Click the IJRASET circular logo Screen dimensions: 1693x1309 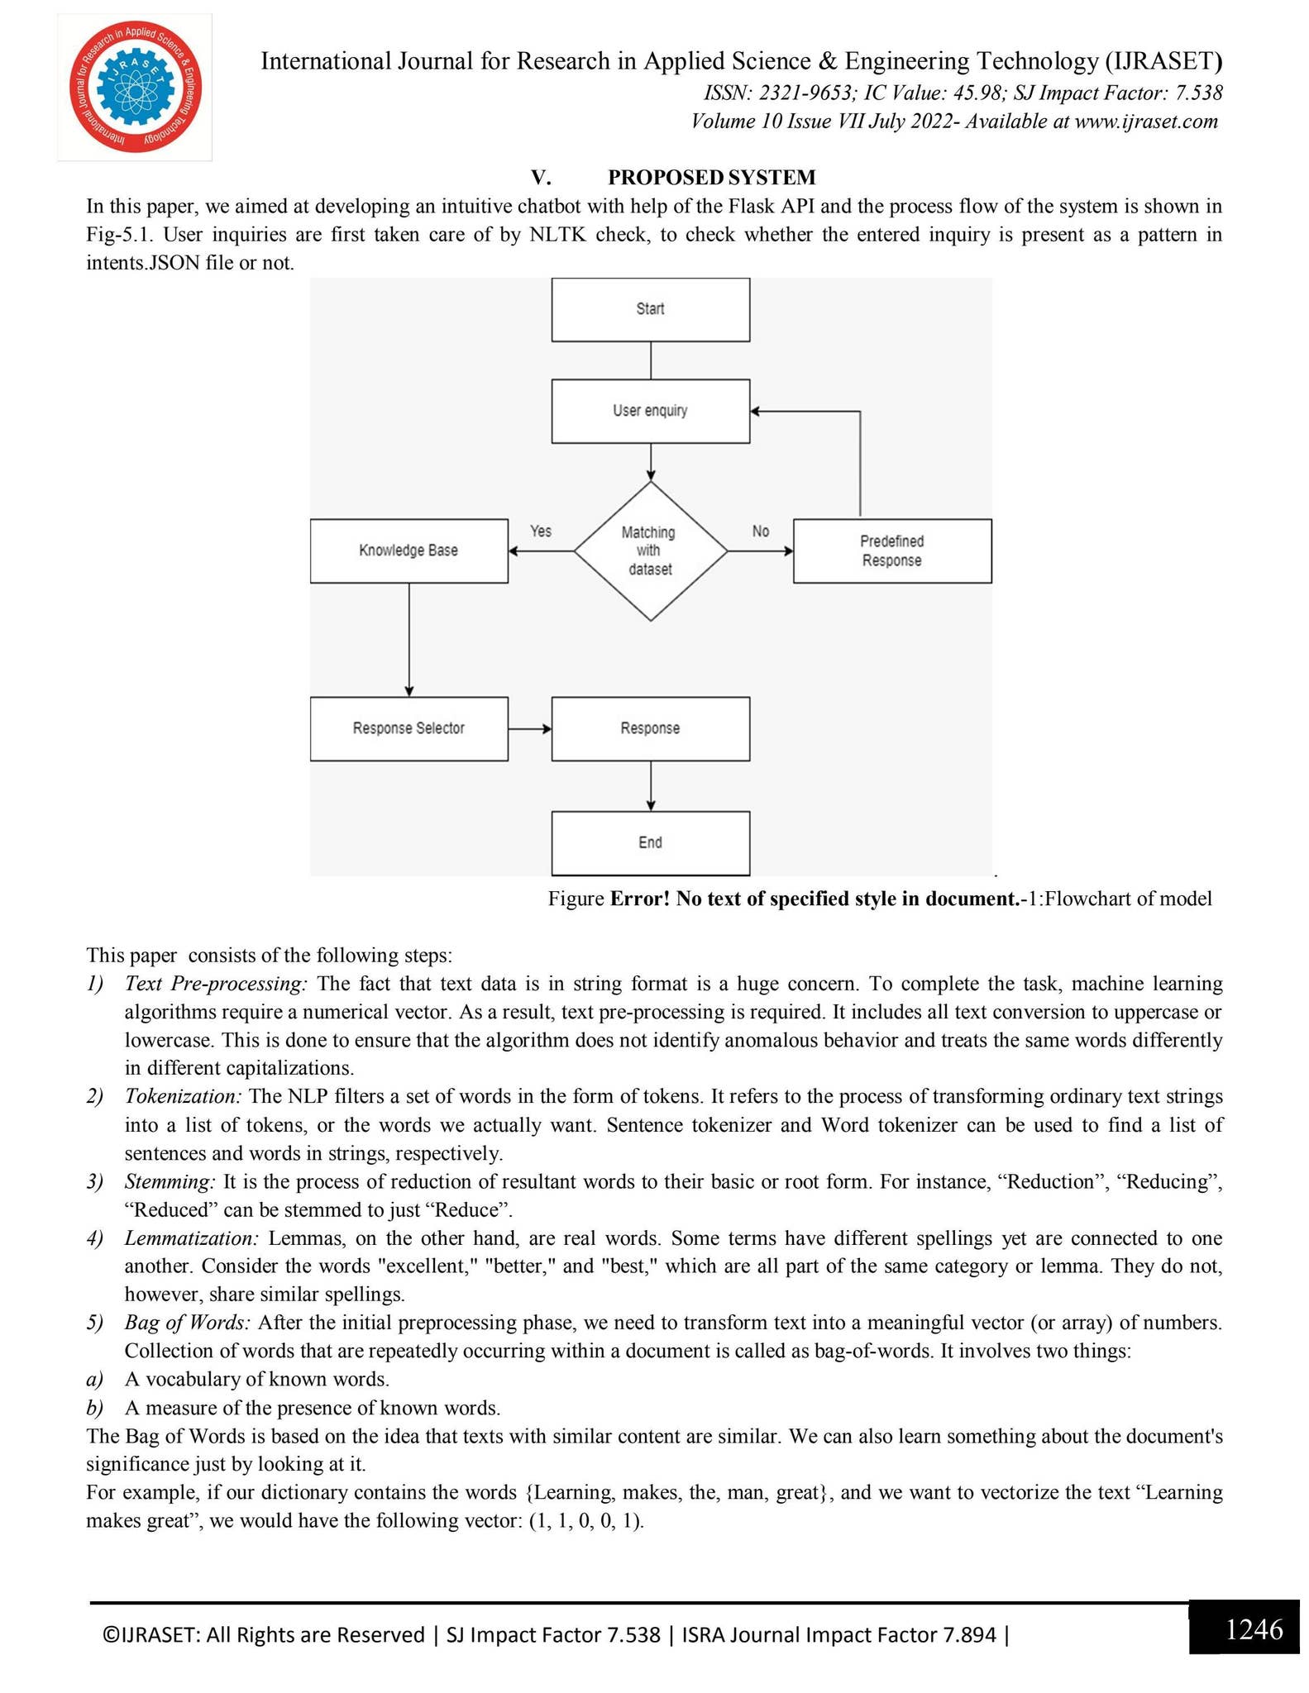pyautogui.click(x=135, y=88)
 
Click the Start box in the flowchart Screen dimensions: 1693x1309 pyautogui.click(x=650, y=309)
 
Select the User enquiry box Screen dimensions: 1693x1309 pyautogui.click(x=650, y=411)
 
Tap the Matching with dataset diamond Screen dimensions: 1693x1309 pyautogui.click(x=650, y=551)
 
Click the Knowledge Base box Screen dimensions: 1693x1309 pyautogui.click(x=408, y=551)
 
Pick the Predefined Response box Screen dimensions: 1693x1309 pyautogui.click(x=891, y=551)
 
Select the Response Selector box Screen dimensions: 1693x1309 pyautogui.click(x=408, y=728)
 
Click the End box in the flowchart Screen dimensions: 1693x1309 pyautogui.click(x=650, y=842)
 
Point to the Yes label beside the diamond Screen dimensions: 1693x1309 pyautogui.click(x=541, y=531)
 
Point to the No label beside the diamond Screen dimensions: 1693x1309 pyautogui.click(x=761, y=531)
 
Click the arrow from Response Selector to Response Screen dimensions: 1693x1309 pyautogui.click(x=530, y=728)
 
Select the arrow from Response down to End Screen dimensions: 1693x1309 pyautogui.click(x=651, y=785)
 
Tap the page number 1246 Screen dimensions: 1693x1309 pyautogui.click(x=1254, y=1630)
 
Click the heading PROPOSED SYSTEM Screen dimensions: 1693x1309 pyautogui.click(x=711, y=177)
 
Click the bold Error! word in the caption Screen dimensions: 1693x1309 pyautogui.click(x=640, y=899)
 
